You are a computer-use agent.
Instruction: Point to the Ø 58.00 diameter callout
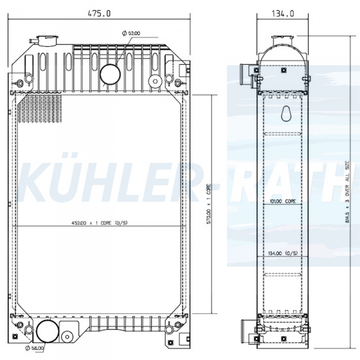pyautogui.click(x=35, y=348)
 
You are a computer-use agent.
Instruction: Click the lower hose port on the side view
pyautogui.click(x=246, y=329)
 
